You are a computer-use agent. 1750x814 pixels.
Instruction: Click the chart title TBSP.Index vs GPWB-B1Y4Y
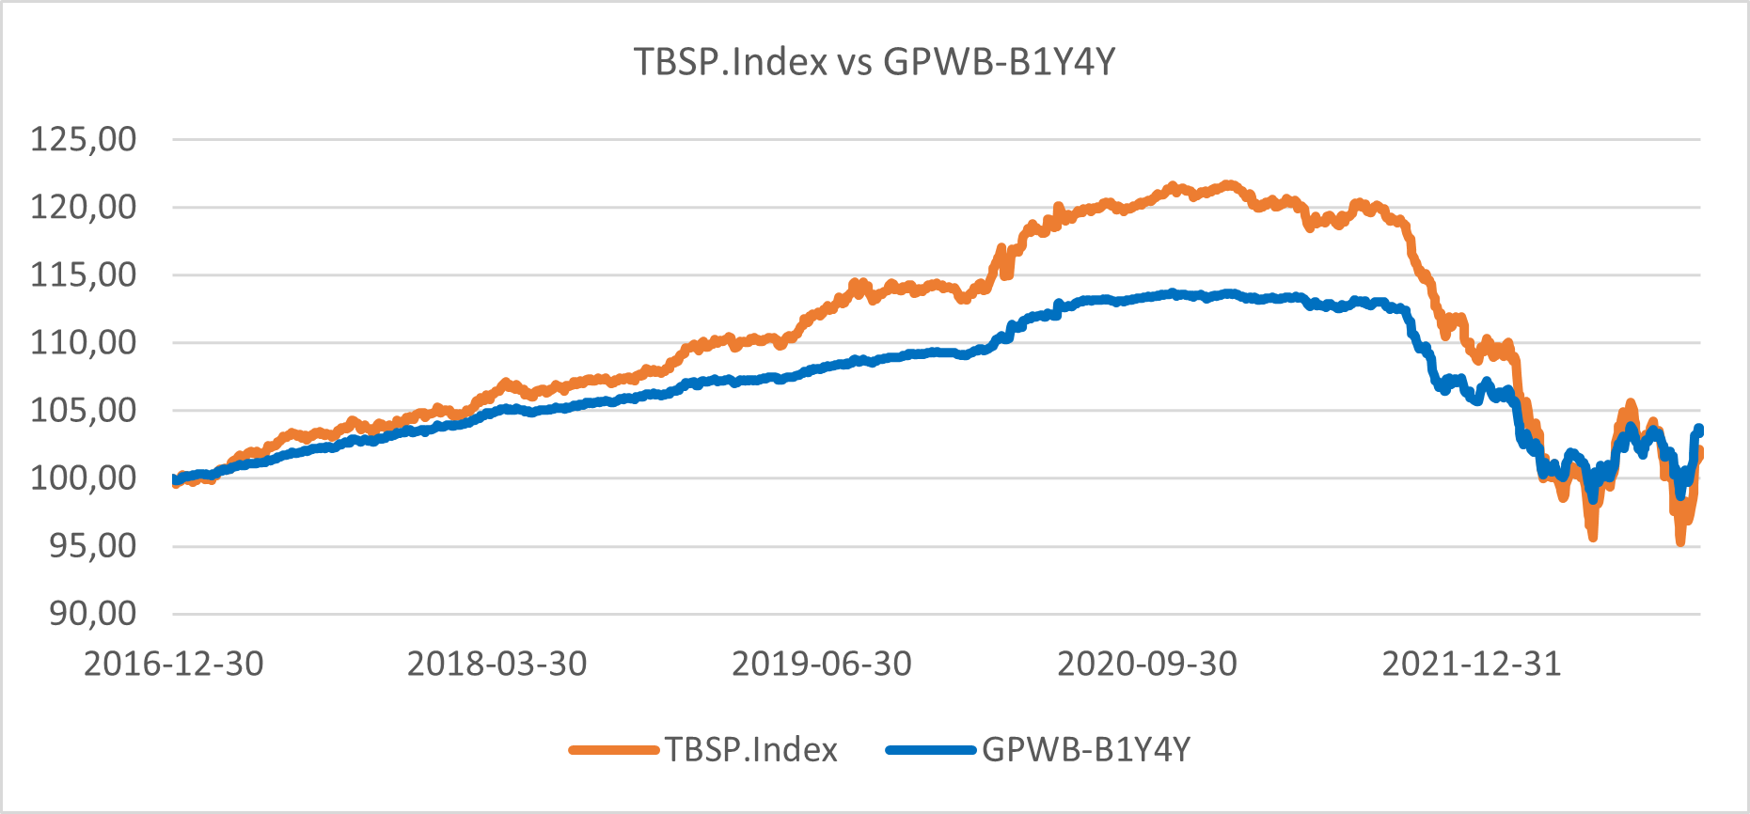coord(875,62)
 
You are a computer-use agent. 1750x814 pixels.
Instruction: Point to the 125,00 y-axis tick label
coord(84,139)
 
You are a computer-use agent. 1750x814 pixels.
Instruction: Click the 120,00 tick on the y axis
coord(84,207)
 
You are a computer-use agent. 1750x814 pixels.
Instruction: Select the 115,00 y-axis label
coord(84,274)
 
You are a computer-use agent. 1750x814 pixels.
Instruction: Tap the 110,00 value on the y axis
coord(84,342)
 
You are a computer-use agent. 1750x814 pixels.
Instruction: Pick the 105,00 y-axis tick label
coord(84,410)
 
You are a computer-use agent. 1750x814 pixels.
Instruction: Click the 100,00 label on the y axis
coord(84,477)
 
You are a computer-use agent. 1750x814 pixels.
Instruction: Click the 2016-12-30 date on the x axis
coord(174,664)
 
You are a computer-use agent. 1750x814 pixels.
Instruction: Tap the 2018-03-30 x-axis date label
coord(497,664)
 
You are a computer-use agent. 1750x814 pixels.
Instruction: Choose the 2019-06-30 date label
coord(822,664)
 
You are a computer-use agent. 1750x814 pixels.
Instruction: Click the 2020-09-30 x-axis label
coord(1147,664)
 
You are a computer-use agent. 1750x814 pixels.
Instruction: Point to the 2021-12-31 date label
coord(1472,664)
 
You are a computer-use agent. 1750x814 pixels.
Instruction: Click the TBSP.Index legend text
coord(751,750)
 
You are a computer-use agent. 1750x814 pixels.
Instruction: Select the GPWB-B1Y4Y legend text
coord(1086,750)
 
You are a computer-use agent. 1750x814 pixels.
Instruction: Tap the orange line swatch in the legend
coord(614,750)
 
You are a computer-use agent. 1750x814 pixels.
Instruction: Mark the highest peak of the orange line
coord(1228,184)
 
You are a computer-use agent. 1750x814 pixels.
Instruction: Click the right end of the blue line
coord(1699,430)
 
